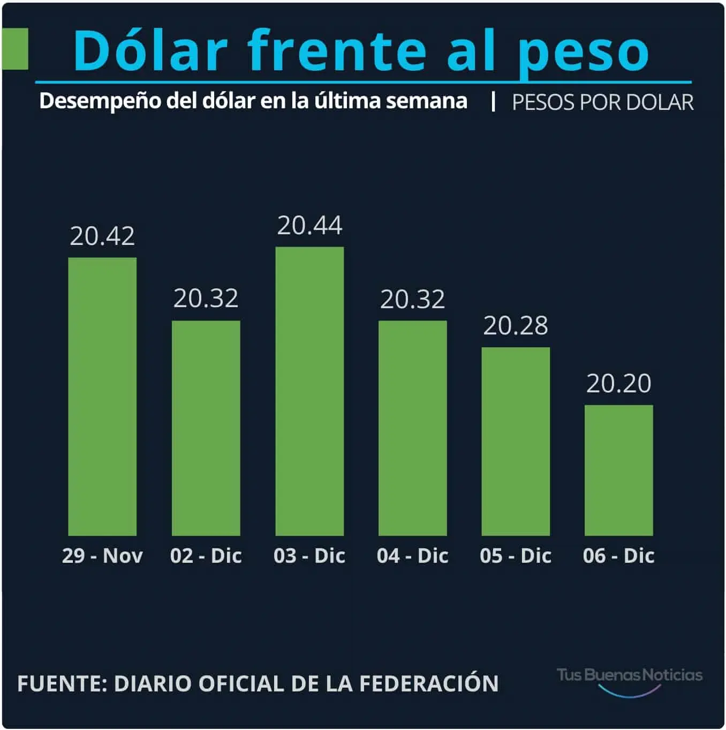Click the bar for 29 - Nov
point(102,397)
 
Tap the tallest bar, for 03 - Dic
point(309,391)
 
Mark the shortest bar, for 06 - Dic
point(618,470)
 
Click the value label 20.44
point(309,226)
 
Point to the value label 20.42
point(102,236)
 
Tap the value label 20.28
point(516,326)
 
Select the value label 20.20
point(618,384)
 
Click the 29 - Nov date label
point(102,556)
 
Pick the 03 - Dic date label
point(309,556)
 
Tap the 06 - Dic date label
point(618,556)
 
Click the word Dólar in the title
point(150,50)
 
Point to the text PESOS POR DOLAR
point(602,102)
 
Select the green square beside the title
point(15,49)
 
